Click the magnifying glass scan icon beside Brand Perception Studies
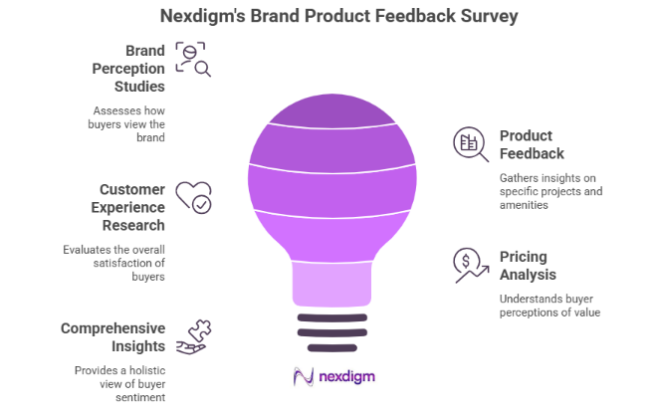point(194,59)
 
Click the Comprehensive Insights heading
point(112,336)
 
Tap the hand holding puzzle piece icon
point(193,337)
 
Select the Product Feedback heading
point(532,144)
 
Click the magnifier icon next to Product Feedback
point(470,143)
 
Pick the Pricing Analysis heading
point(528,265)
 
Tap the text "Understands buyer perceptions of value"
point(549,306)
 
